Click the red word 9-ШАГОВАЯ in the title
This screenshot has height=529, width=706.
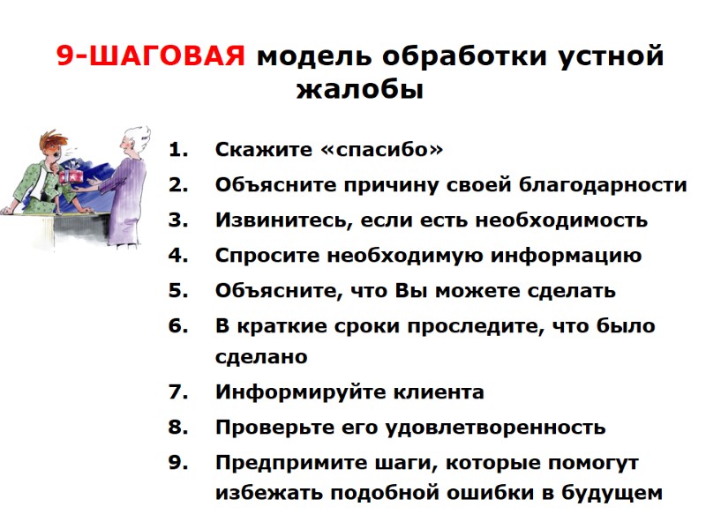tap(151, 56)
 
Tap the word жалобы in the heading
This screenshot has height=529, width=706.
tap(360, 89)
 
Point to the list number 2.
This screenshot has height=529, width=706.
tap(179, 185)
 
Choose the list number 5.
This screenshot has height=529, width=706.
tap(179, 291)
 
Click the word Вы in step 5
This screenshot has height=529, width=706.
tap(408, 291)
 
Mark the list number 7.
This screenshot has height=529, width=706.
tap(179, 392)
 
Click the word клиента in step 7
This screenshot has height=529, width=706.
tap(432, 392)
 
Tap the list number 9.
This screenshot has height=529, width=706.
tap(179, 463)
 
